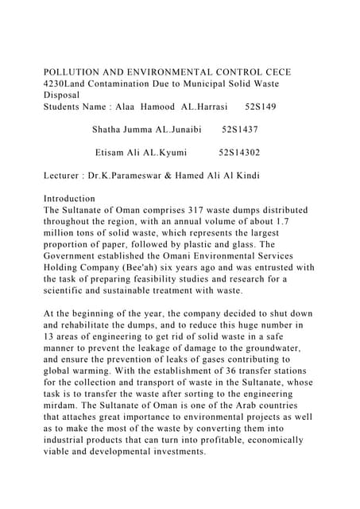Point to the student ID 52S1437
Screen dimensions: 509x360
pyautogui.click(x=239, y=128)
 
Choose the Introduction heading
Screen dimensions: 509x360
pyautogui.click(x=69, y=198)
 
